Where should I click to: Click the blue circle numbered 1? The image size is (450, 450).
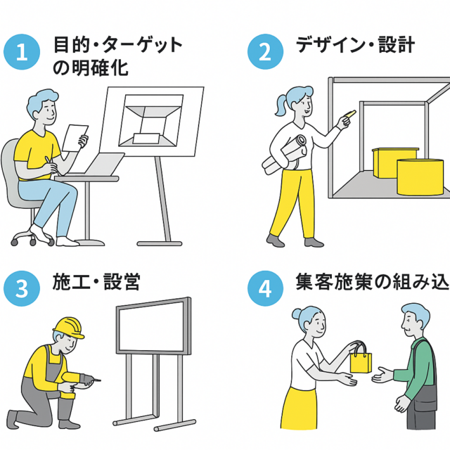coord(22,54)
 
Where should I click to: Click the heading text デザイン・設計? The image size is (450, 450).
coord(355,46)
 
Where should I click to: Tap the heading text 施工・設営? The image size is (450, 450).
coord(96,282)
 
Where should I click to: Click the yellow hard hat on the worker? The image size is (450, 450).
coord(69,326)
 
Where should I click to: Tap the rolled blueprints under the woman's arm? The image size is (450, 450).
coord(285,155)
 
